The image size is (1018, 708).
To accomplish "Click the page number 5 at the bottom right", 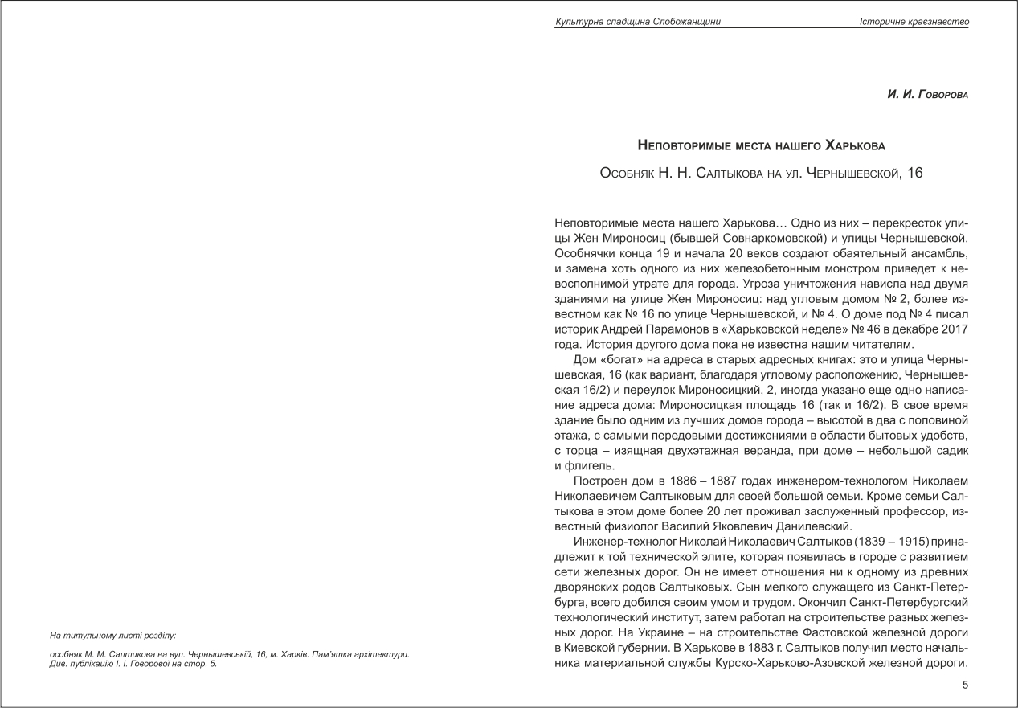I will click(x=965, y=684).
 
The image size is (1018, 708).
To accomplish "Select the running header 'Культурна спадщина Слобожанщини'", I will click(x=637, y=20).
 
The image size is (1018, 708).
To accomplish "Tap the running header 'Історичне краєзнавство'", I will click(x=913, y=20).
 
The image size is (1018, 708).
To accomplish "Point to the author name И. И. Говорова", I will click(x=927, y=95).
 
